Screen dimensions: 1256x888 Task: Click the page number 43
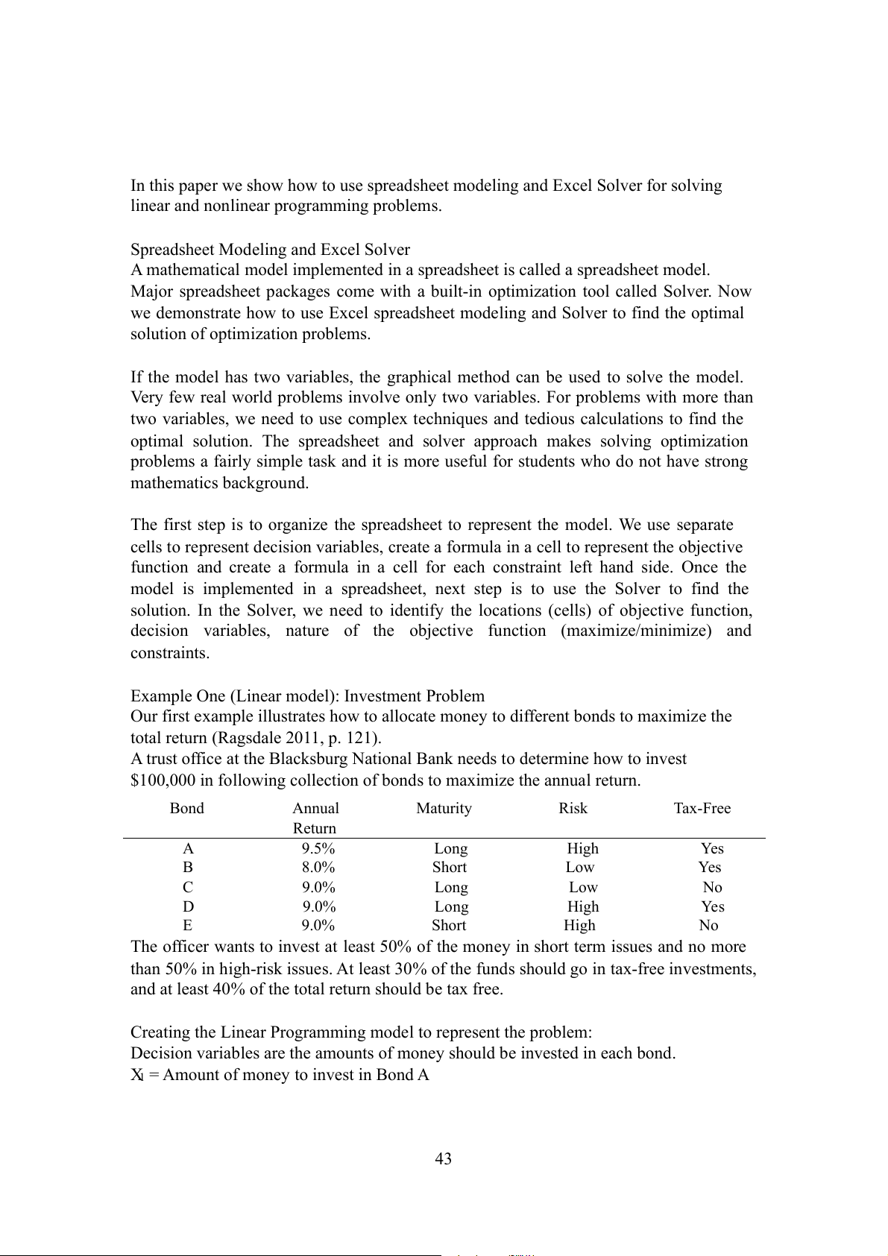[443, 1158]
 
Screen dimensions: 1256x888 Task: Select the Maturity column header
[444, 808]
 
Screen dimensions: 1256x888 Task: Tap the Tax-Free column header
[702, 808]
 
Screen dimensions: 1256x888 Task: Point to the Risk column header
[573, 808]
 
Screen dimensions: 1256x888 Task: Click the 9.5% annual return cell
[318, 848]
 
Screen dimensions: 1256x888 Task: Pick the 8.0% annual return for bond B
[318, 867]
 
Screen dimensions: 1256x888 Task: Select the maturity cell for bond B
[449, 867]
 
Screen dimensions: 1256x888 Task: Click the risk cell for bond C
[583, 887]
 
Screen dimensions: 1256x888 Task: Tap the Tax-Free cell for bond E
[708, 925]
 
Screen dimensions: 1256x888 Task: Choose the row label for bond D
[188, 906]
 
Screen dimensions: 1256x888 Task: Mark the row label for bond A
[188, 848]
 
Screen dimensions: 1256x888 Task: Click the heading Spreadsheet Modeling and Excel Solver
[270, 249]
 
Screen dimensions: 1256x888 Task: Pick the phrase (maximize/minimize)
[636, 631]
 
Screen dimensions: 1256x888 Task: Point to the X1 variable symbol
[137, 1075]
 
